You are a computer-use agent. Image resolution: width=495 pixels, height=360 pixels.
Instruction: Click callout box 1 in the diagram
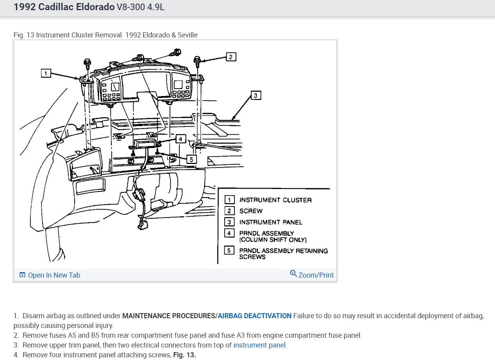pos(46,73)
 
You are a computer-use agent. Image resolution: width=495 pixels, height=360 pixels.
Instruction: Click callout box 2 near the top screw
pos(231,57)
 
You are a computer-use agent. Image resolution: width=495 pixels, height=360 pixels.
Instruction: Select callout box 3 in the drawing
pos(255,95)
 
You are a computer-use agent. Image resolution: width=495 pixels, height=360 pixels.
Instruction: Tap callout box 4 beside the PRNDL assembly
pos(180,139)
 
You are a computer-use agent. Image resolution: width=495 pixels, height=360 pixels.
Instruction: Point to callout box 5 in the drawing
pos(191,159)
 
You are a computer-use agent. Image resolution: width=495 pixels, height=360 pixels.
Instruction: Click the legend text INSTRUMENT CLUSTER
pos(275,200)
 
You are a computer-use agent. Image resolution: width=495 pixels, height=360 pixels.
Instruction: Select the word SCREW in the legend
pos(251,211)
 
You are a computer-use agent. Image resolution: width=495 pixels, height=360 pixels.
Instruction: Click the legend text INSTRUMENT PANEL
pos(271,222)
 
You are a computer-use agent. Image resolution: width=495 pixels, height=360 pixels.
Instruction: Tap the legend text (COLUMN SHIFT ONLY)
pos(273,240)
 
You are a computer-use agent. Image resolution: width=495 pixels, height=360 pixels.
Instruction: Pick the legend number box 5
pos(229,250)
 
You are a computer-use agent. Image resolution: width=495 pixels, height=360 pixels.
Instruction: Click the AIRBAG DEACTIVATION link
pos(254,316)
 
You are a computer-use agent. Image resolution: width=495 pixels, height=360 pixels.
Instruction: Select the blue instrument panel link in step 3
pos(259,345)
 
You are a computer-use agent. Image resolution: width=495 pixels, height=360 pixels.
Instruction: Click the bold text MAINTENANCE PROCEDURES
pos(168,316)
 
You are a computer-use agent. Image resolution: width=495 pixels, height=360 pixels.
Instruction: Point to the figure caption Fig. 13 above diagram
pos(105,35)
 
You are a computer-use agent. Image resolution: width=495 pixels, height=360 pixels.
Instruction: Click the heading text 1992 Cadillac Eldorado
pos(64,7)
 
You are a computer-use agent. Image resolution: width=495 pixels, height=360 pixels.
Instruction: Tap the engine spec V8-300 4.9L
pos(141,7)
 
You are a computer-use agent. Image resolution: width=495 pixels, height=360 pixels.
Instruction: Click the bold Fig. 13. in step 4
pos(184,355)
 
